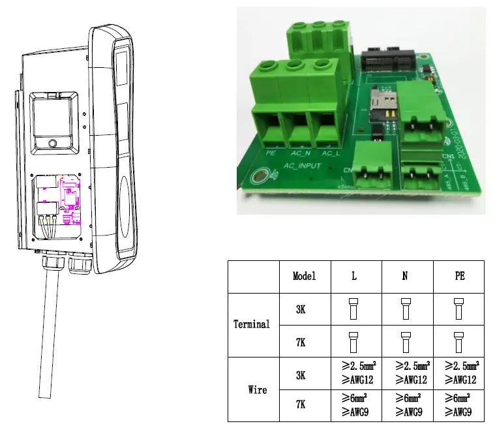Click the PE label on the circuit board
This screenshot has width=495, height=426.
click(273, 155)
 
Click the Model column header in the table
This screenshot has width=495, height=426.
click(305, 276)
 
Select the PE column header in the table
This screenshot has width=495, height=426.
click(459, 276)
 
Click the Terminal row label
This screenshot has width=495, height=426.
click(252, 324)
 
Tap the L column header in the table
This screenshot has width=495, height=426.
click(354, 276)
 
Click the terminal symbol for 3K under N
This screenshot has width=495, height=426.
click(405, 309)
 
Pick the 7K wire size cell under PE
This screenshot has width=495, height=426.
click(459, 405)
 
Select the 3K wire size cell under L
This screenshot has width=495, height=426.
click(354, 373)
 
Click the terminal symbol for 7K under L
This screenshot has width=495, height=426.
click(354, 341)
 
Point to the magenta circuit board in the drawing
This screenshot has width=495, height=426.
click(68, 192)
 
